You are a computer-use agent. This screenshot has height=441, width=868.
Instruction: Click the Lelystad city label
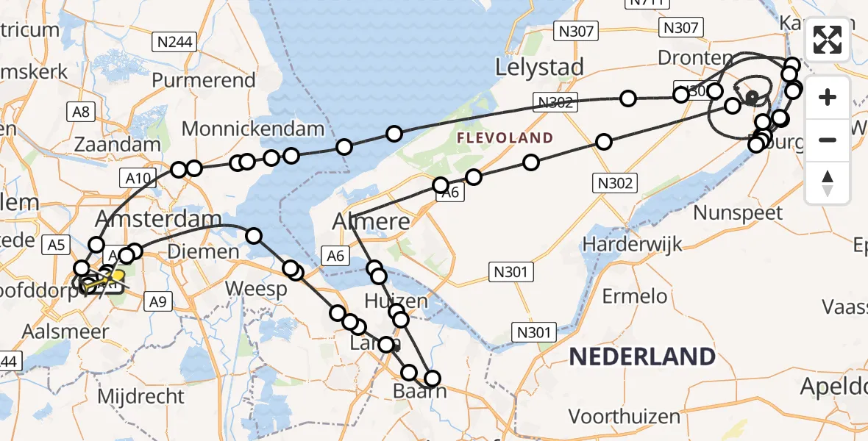540,67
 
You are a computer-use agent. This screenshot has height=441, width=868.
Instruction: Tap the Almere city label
371,220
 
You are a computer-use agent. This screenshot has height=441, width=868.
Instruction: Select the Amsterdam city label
159,219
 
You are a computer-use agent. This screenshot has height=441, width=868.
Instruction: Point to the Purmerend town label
204,80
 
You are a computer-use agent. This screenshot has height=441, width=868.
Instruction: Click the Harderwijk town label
633,243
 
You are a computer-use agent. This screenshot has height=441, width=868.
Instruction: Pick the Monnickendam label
252,129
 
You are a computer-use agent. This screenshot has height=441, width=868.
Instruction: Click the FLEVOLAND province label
505,137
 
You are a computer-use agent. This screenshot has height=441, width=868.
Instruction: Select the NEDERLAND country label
641,357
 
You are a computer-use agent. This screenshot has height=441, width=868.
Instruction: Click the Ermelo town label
635,297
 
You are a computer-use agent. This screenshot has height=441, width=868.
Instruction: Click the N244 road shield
175,42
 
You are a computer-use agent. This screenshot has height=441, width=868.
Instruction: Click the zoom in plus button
828,97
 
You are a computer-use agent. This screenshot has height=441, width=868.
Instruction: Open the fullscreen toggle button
828,40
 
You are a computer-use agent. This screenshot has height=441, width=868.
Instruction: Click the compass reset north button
828,182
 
